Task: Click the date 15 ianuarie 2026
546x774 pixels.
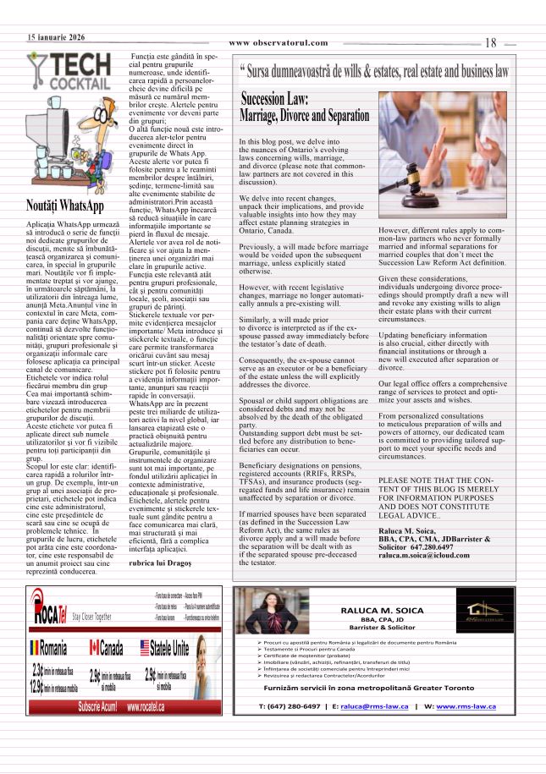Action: click(56, 38)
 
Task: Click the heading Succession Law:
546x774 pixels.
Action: click(275, 99)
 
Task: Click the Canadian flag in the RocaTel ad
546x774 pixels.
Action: click(94, 649)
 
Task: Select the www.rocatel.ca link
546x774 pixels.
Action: click(146, 707)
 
